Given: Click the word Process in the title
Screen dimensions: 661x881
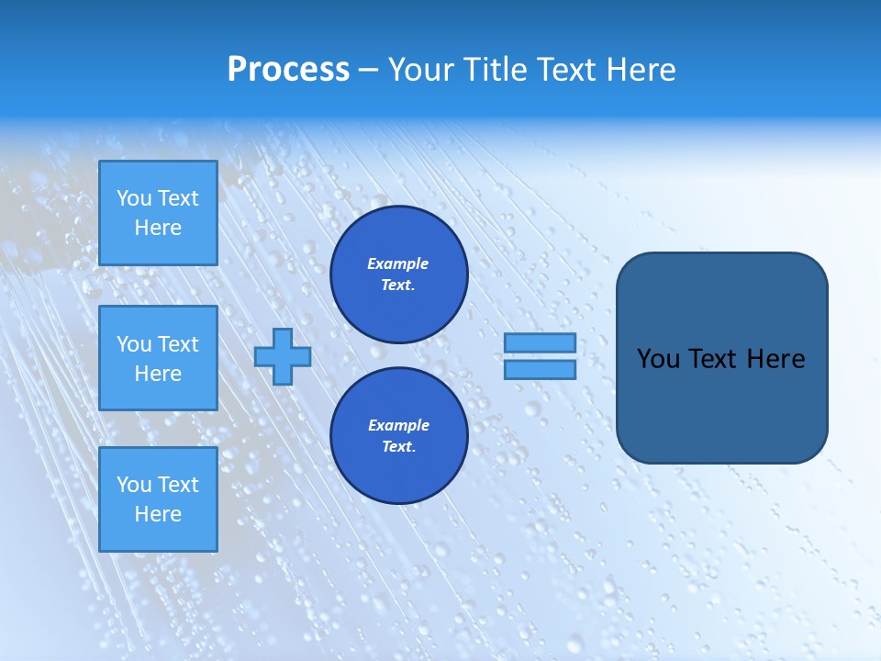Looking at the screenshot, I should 288,70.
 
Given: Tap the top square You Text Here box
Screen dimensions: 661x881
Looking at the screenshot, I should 158,213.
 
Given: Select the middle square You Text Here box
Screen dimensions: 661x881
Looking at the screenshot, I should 158,358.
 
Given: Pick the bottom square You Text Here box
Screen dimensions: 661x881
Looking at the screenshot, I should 158,499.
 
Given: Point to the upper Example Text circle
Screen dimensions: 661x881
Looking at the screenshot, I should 398,274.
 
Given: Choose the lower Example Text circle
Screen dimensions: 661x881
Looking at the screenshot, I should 398,435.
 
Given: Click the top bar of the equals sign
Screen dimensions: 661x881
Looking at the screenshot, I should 540,343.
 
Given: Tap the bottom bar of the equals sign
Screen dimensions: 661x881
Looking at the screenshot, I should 540,370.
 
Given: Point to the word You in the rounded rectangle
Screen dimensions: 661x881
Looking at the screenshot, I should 658,359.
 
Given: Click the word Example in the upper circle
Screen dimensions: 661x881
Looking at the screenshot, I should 397,263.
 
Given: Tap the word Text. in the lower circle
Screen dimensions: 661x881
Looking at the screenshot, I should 397,447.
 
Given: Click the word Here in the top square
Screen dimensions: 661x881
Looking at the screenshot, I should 158,228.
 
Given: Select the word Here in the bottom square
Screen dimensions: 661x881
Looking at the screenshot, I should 158,514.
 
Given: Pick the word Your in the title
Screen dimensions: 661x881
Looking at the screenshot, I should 423,70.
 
